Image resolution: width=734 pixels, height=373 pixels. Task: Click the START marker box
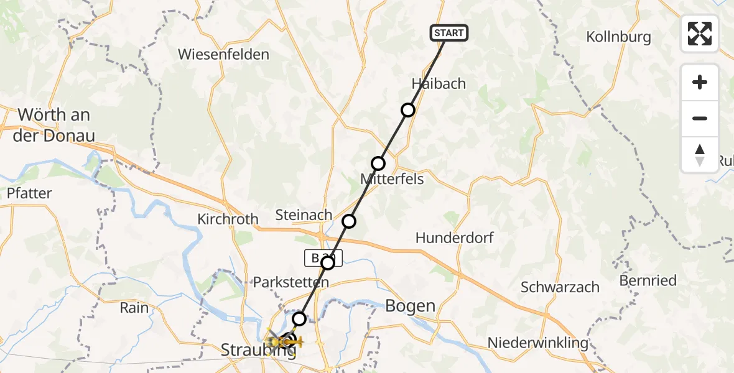[x=448, y=32]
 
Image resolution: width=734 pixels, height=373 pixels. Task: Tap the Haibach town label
[x=439, y=84]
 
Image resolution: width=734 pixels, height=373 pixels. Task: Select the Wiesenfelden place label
[x=223, y=54]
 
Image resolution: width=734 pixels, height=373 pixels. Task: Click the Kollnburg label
[x=618, y=37]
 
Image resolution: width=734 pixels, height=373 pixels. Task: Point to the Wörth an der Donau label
[x=54, y=124]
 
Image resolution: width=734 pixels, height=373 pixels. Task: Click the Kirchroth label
[x=228, y=219]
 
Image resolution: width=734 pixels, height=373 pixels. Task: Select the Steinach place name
[x=304, y=215]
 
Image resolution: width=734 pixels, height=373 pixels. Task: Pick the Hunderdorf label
[x=455, y=237]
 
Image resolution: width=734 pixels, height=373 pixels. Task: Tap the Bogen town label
[x=410, y=305]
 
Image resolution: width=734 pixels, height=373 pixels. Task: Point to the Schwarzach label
[x=560, y=287]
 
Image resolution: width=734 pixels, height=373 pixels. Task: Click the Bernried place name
[x=648, y=280]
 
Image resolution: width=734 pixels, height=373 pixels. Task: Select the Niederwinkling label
[x=537, y=343]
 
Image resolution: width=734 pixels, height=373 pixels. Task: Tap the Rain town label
[x=134, y=308]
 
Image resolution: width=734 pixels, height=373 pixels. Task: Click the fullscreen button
[x=700, y=34]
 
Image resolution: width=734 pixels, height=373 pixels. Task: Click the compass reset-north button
[x=700, y=155]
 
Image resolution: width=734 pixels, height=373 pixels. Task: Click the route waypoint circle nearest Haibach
[x=408, y=110]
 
